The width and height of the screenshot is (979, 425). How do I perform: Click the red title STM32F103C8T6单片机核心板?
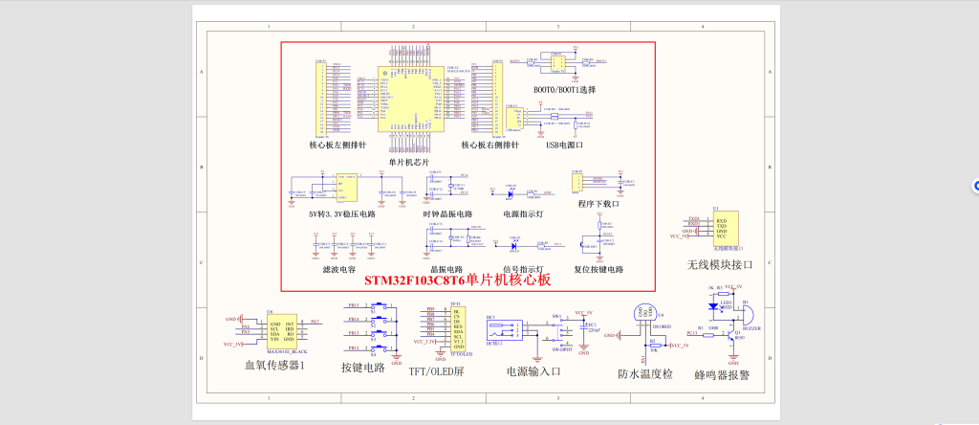click(x=457, y=280)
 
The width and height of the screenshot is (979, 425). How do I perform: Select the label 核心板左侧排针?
click(x=337, y=145)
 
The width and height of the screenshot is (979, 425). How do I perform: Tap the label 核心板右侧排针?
click(x=489, y=145)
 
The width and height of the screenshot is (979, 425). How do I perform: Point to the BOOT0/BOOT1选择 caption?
click(x=564, y=89)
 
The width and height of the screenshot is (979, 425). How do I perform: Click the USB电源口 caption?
click(x=564, y=145)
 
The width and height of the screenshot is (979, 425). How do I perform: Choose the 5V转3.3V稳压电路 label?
click(x=341, y=214)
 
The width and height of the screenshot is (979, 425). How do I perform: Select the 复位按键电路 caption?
click(x=598, y=270)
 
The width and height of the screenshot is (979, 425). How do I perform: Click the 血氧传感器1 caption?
click(x=274, y=366)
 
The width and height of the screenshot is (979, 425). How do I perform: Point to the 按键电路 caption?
click(x=362, y=367)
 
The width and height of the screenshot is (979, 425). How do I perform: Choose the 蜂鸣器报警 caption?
click(x=722, y=375)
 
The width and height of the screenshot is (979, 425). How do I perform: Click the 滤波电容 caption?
click(x=339, y=270)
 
